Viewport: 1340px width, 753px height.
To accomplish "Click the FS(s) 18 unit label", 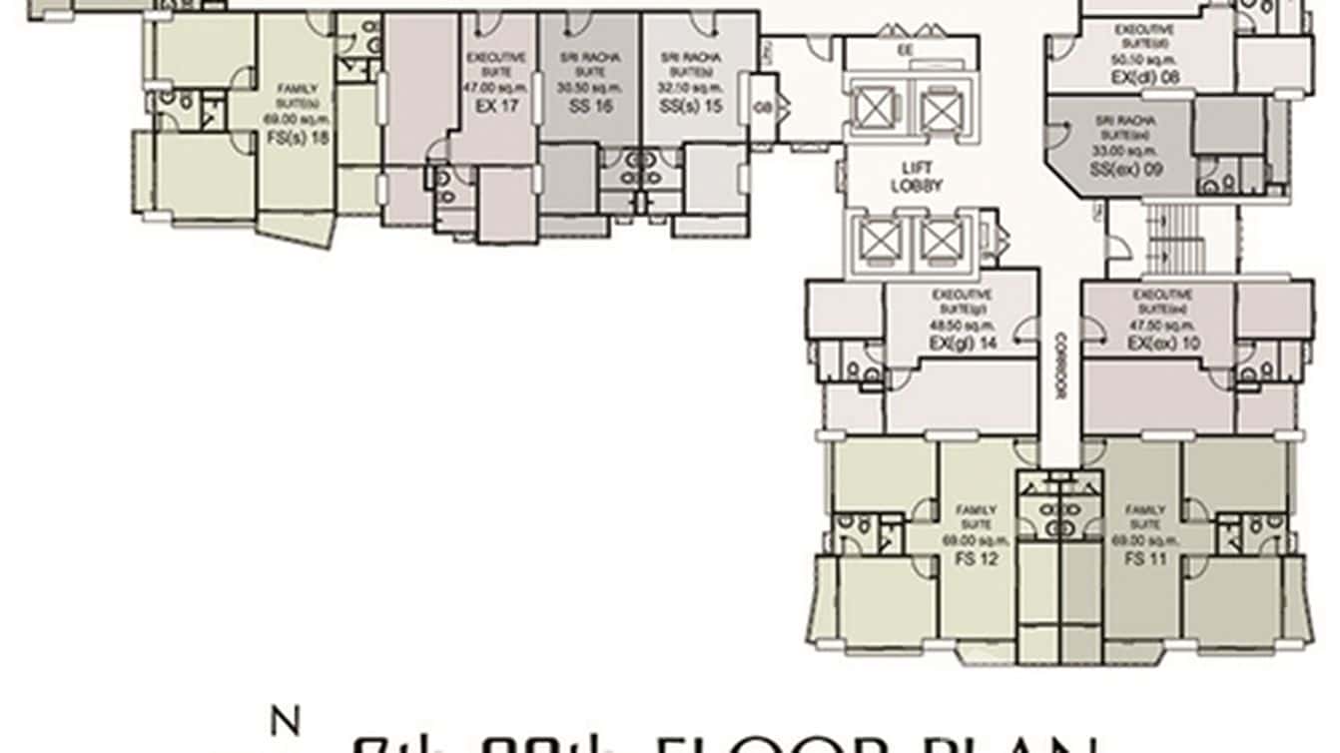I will (296, 139).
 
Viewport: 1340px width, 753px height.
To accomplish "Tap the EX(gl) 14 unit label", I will (962, 343).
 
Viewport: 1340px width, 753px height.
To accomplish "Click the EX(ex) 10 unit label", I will (1161, 343).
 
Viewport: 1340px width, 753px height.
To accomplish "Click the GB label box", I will (763, 107).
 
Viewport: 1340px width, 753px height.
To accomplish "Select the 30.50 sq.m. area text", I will (591, 88).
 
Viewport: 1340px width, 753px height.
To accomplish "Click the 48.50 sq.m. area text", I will (962, 326).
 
